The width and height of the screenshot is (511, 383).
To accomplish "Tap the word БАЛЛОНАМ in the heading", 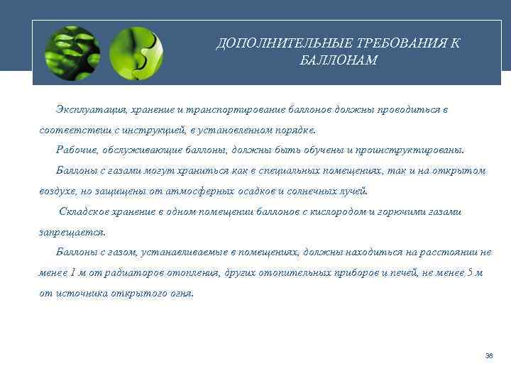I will tap(339, 60).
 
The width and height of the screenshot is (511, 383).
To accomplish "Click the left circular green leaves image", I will tap(72, 52).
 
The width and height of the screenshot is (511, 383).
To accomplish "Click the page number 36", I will tap(489, 355).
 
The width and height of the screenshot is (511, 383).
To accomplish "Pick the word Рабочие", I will tap(76, 150).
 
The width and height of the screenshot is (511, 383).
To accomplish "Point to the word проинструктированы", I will tap(418, 150).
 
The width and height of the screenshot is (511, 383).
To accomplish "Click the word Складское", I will tap(84, 211).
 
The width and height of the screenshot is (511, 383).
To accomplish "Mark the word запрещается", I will tap(72, 232).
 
